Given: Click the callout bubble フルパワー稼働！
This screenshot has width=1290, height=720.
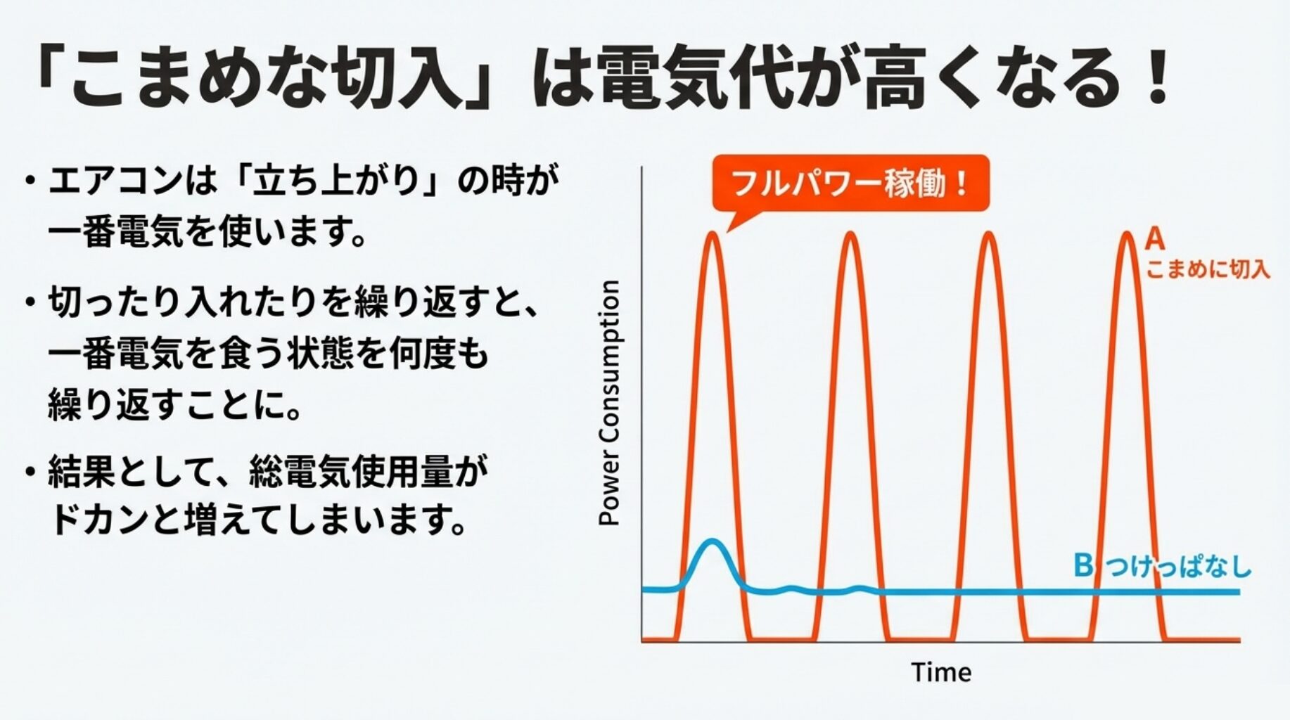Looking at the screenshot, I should [x=850, y=184].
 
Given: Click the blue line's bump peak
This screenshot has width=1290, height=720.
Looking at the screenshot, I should [x=713, y=541].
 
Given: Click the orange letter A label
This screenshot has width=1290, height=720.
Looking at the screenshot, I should [x=1154, y=240].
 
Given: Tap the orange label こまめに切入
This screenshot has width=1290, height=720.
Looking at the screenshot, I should [x=1208, y=269].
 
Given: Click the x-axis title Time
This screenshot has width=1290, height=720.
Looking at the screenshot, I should [x=941, y=673].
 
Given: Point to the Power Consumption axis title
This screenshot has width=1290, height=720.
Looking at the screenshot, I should [x=609, y=403].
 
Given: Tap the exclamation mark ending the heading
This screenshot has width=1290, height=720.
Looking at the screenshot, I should [x=1156, y=77].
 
